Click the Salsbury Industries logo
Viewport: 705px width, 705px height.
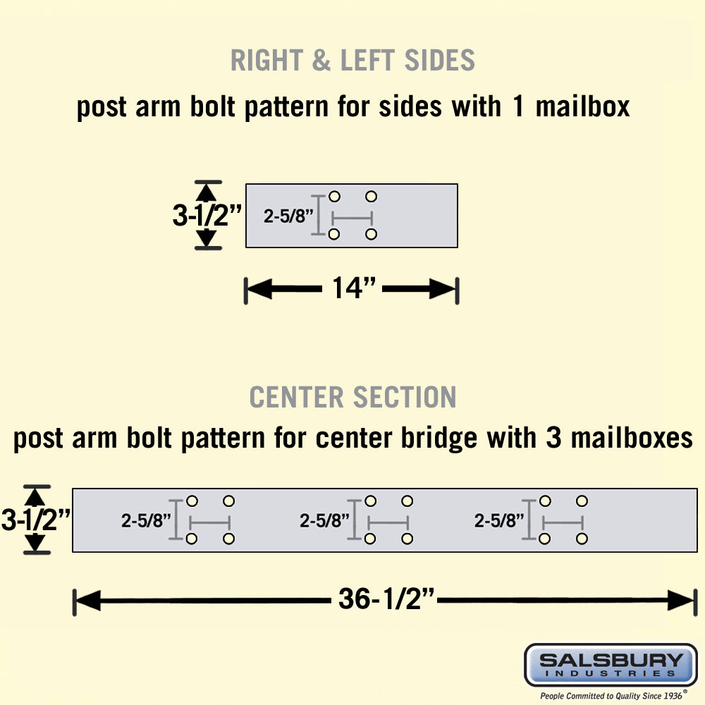tap(611, 664)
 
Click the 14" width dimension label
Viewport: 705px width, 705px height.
tap(352, 288)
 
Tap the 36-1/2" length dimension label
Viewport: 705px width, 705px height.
tap(386, 601)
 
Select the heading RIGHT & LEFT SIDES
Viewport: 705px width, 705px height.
tap(352, 61)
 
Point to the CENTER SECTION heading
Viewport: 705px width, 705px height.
tap(352, 398)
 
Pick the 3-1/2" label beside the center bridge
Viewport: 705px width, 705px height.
tap(35, 520)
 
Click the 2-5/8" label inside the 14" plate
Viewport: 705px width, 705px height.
tap(288, 216)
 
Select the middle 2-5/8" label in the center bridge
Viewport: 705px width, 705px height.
tap(325, 521)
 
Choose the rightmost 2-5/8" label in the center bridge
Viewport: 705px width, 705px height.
tap(499, 521)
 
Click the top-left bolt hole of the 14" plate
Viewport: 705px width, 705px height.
tap(335, 197)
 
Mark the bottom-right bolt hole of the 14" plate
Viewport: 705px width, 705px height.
tap(372, 234)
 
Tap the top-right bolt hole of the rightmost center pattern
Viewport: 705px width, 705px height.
tap(582, 501)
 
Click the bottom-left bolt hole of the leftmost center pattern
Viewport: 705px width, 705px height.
tap(191, 539)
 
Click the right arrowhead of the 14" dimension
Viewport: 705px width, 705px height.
tap(447, 288)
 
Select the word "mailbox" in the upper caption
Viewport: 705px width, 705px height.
tap(582, 108)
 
